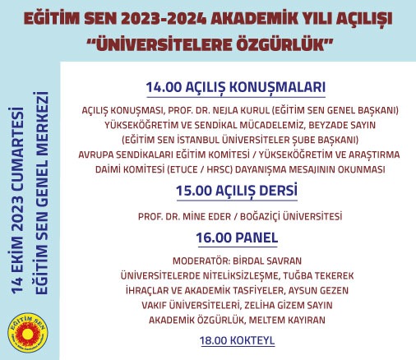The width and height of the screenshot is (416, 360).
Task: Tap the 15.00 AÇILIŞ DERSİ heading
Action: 236,192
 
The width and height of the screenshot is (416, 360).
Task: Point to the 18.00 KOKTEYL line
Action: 237,339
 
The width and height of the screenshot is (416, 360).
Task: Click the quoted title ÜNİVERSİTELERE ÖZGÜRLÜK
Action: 208,42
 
